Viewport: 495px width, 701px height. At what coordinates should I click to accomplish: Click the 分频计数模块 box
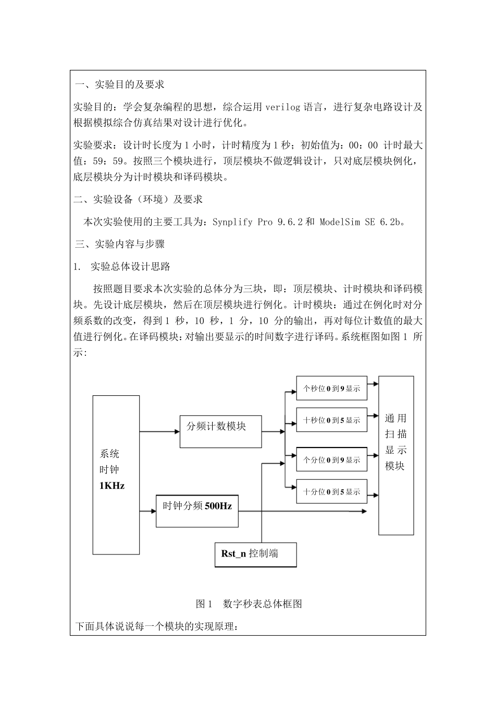(x=220, y=431)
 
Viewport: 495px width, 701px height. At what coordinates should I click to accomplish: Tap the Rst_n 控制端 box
(x=255, y=554)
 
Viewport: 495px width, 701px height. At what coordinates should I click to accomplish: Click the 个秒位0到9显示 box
(x=331, y=389)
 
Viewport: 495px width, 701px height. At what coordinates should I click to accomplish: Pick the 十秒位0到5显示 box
(x=331, y=420)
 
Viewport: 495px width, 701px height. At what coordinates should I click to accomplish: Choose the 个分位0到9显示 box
(x=331, y=460)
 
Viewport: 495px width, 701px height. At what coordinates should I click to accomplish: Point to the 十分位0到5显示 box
(x=331, y=491)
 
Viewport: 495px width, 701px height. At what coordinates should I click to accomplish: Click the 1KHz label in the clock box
(x=112, y=486)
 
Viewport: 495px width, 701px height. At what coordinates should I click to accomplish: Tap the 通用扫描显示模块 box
(x=396, y=455)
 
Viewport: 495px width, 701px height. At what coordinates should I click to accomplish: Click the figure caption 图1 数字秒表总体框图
(x=249, y=604)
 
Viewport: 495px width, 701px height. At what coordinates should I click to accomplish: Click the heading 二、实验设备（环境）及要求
(x=139, y=199)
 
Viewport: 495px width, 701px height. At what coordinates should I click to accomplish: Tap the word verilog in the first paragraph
(x=283, y=107)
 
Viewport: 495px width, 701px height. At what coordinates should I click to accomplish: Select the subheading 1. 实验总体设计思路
(x=123, y=267)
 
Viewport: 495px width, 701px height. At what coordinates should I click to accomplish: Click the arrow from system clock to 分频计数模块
(x=159, y=431)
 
